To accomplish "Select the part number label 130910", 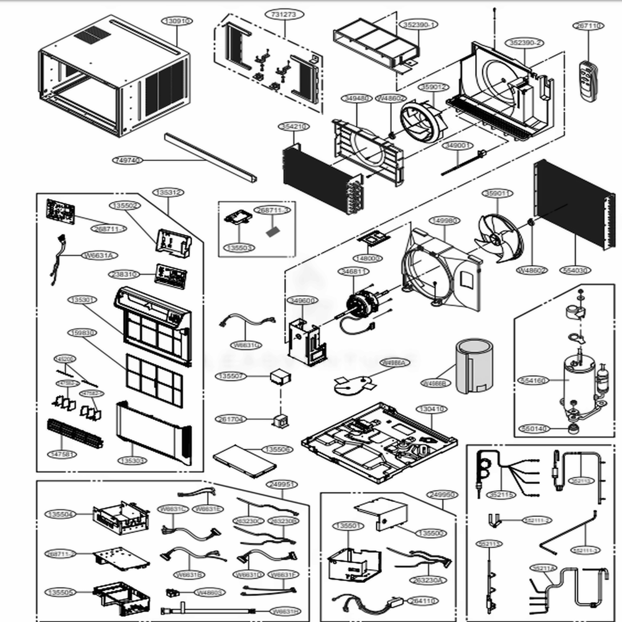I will point(177,21).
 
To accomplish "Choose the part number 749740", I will point(128,160).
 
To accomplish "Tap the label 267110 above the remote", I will point(588,26).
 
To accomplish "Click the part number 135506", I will point(277,449).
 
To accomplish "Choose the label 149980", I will point(444,220).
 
